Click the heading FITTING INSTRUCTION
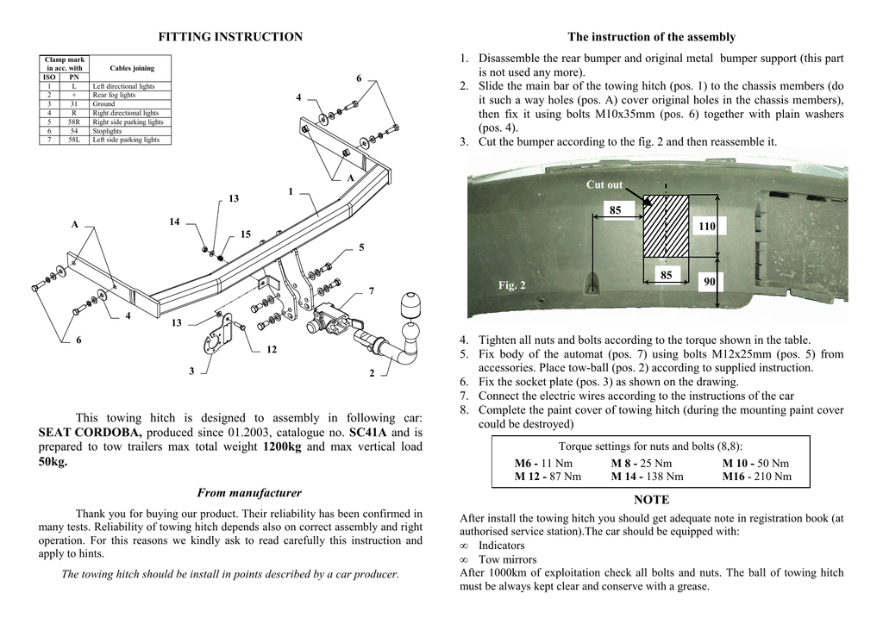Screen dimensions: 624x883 point(230,37)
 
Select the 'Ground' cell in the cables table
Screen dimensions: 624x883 point(103,104)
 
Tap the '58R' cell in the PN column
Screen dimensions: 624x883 point(74,122)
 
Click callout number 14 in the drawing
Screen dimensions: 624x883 point(175,222)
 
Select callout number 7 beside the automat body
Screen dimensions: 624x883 point(371,291)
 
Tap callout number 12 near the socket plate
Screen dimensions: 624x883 point(272,350)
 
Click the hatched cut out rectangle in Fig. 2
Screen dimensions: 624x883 point(667,226)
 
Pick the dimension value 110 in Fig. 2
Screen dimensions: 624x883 point(708,226)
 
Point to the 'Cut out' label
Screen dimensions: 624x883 point(604,185)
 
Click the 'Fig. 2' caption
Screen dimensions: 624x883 point(512,285)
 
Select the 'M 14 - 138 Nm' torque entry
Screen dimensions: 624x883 point(647,476)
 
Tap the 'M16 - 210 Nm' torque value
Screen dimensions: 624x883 point(756,476)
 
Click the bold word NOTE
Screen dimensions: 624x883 point(651,500)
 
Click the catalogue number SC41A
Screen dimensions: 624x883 point(368,433)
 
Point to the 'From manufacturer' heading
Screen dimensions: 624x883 point(249,493)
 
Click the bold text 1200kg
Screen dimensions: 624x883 point(281,447)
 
